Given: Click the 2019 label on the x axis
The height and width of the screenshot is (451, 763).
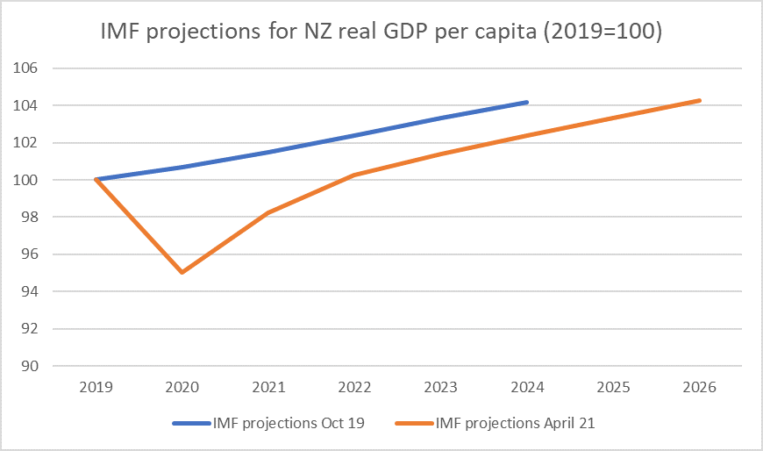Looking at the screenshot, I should (x=96, y=387).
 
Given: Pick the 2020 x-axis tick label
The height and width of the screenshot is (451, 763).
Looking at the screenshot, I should (x=182, y=387).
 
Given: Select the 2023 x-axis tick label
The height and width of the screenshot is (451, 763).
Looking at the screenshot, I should (x=440, y=387).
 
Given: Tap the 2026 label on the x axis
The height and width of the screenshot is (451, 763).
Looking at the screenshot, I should (x=699, y=387).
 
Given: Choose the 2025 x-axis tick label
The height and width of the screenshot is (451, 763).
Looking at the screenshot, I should (x=613, y=387).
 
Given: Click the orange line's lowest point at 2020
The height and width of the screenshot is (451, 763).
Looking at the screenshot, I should (x=182, y=273).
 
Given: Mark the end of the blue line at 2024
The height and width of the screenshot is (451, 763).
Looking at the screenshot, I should (x=526, y=102).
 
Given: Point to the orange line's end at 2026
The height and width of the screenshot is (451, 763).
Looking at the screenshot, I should (x=699, y=100).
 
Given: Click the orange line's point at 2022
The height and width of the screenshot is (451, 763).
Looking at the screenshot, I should (x=354, y=175).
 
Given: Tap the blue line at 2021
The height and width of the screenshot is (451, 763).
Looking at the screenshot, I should (x=268, y=152).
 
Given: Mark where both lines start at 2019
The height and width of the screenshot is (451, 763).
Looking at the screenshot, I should (x=96, y=180).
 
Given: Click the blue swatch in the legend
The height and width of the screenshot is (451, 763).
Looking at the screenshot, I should (x=190, y=424).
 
